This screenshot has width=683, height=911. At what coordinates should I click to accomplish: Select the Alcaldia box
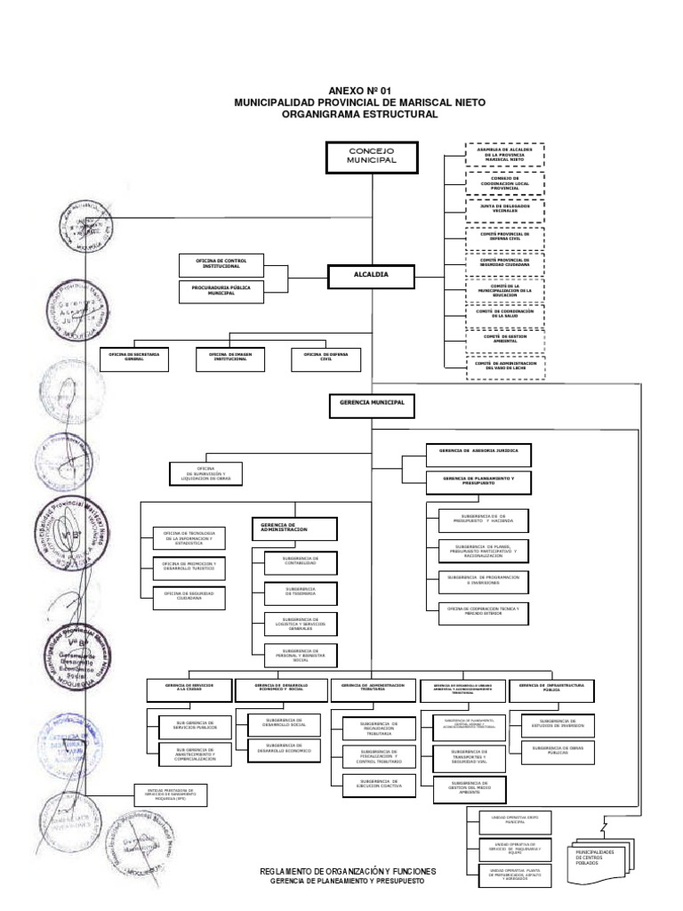pyautogui.click(x=372, y=276)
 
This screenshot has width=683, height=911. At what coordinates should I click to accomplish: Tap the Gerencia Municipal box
pyautogui.click(x=372, y=403)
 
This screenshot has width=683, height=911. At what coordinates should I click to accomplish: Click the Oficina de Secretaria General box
pyautogui.click(x=133, y=357)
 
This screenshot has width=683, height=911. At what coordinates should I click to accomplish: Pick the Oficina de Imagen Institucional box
pyautogui.click(x=229, y=357)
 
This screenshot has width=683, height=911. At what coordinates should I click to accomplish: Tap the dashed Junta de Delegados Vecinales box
pyautogui.click(x=504, y=209)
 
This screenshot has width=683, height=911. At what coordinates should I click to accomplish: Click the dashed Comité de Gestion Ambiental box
pyautogui.click(x=504, y=339)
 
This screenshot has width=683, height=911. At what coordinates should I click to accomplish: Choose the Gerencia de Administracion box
pyautogui.click(x=295, y=528)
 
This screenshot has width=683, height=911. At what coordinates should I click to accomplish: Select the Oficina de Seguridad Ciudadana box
pyautogui.click(x=189, y=596)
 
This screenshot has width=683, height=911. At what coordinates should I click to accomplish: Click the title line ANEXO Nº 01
pyautogui.click(x=359, y=91)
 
